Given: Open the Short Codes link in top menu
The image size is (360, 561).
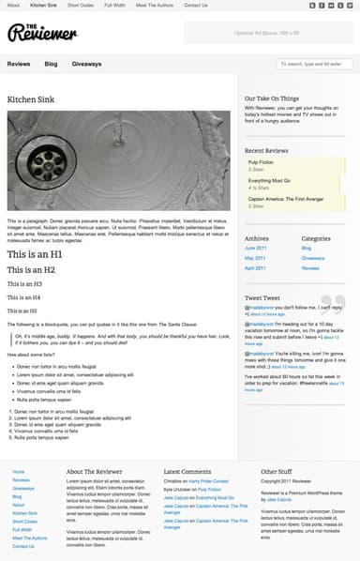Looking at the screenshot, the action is click(79, 5).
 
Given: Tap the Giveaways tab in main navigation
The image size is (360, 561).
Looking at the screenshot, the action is click(86, 64).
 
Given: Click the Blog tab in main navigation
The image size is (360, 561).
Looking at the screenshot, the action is click(51, 64).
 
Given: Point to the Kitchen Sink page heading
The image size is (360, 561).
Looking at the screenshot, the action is click(30, 99).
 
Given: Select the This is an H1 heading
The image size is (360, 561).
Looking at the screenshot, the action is click(35, 254).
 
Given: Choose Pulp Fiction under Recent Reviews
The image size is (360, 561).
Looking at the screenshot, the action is click(262, 162).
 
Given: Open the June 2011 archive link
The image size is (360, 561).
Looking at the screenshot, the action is click(256, 248).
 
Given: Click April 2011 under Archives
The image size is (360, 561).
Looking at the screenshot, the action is click(256, 268).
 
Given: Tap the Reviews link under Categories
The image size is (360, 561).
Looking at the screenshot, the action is click(311, 268).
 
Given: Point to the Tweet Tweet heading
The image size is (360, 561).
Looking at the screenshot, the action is click(262, 297).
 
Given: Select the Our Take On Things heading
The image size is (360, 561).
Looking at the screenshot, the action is click(271, 98).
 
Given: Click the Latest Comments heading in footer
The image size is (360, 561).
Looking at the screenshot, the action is click(187, 471).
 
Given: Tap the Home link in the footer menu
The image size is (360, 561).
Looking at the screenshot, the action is click(20, 471).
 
